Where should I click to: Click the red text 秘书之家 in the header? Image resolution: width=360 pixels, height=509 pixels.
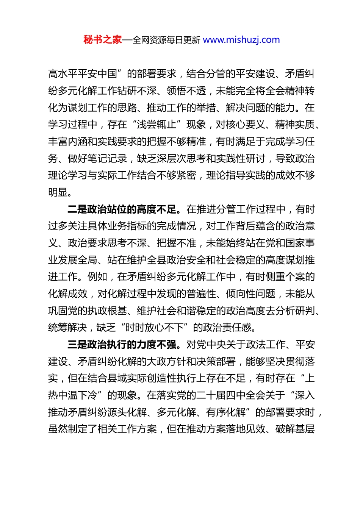click(103, 40)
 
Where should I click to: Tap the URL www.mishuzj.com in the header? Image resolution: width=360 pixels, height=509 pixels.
click(241, 40)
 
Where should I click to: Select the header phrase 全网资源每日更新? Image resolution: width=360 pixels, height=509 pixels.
click(166, 40)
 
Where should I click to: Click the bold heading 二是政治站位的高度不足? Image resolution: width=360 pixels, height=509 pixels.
click(122, 209)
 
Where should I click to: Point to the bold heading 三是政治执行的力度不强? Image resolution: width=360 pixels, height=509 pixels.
click(122, 345)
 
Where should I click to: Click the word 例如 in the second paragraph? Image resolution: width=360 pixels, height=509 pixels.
click(97, 277)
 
